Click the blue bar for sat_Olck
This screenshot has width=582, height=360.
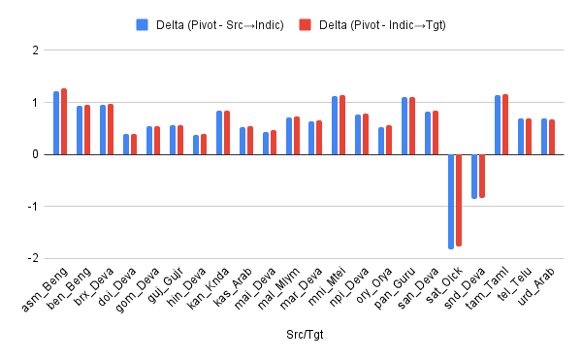click(451, 201)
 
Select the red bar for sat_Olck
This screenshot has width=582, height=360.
click(459, 200)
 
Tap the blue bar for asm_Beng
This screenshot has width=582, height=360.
click(56, 123)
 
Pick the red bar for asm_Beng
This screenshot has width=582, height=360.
click(64, 121)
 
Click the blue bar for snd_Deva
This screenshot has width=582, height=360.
click(474, 176)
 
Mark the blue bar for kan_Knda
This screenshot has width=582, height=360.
click(219, 133)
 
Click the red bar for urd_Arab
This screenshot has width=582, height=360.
click(552, 137)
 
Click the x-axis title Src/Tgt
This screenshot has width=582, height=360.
click(306, 335)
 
